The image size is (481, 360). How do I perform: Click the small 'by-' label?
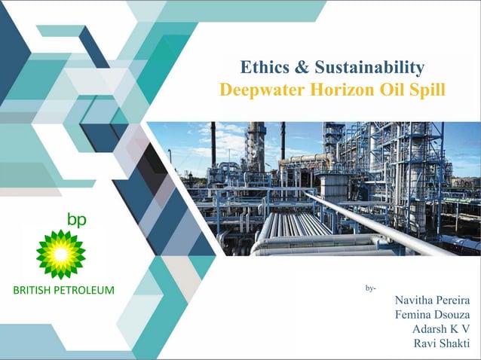click(x=370, y=288)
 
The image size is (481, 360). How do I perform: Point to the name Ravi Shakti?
click(x=442, y=344)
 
